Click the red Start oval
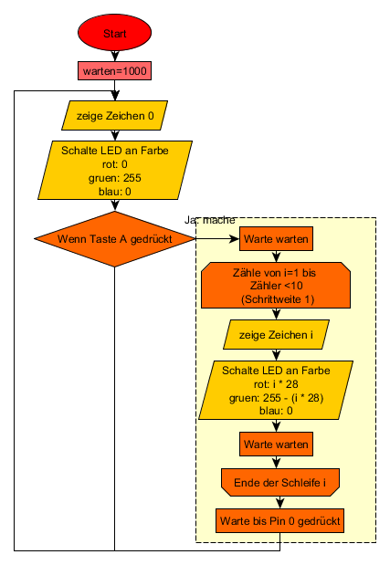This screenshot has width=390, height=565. coord(114,33)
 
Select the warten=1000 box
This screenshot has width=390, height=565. coord(114,70)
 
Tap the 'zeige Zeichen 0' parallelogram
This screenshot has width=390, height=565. coord(114,115)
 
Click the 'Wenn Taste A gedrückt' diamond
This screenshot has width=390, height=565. coord(114,239)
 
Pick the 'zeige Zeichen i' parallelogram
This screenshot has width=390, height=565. coord(276,335)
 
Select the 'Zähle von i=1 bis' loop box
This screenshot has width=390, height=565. coord(276,286)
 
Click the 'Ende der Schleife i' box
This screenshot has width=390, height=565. coord(280,483)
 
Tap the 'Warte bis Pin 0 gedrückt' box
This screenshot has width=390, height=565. coord(280,520)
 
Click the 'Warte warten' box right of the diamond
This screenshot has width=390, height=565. coord(276,238)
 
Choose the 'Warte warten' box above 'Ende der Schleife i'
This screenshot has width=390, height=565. coord(276,444)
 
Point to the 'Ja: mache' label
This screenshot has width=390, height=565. coord(210,220)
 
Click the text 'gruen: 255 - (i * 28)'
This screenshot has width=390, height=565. coord(276,398)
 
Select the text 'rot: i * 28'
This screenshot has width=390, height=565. coord(276,384)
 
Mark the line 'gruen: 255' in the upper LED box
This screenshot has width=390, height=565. coord(114,178)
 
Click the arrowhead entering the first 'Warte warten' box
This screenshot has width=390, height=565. coord(235,238)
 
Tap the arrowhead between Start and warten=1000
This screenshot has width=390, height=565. coord(114,58)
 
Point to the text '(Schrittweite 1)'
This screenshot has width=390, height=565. coord(278,299)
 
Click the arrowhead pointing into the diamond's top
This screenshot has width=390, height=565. coord(114,206)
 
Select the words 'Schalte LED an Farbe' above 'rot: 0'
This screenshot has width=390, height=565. coord(114,151)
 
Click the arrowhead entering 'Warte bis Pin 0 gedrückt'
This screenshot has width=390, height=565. coord(280,504)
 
